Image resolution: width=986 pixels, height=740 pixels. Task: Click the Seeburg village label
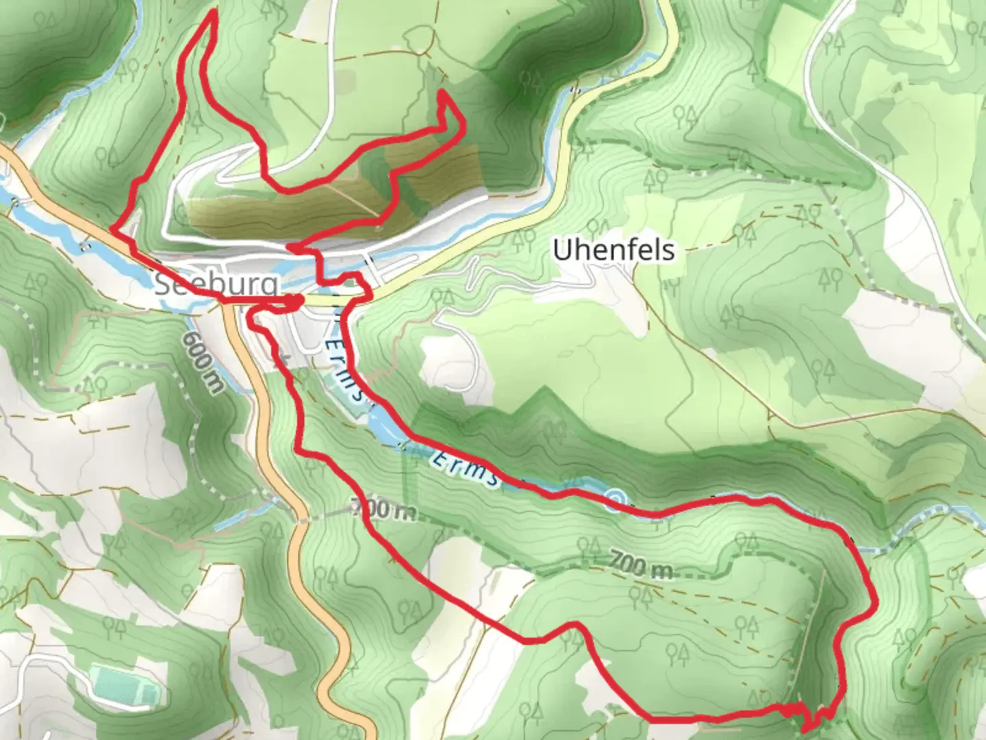(x=216, y=284)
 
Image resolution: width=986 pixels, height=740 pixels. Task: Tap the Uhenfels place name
(x=613, y=250)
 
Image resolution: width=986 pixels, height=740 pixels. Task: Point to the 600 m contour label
(x=203, y=362)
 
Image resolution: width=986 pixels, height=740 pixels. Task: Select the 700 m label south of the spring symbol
(x=640, y=566)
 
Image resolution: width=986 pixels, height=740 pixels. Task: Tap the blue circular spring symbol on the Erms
(x=616, y=498)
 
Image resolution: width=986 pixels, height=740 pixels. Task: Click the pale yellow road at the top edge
(x=668, y=27)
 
